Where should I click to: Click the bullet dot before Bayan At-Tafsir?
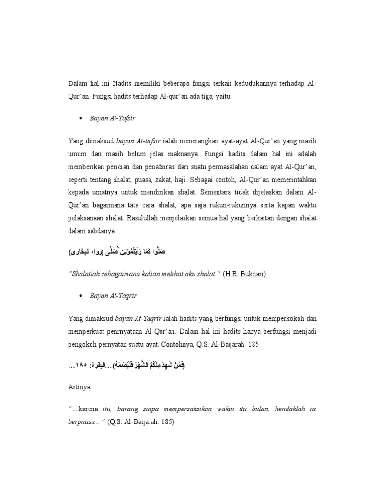point(82,118)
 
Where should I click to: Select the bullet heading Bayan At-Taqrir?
point(114,296)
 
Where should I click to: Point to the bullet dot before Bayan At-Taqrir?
point(82,296)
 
